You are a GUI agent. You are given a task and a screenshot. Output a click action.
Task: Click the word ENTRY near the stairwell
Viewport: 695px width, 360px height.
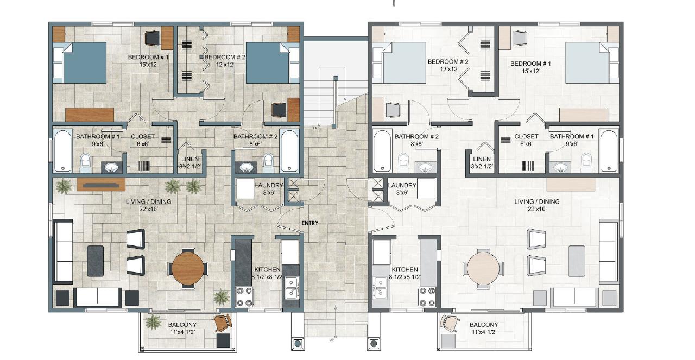click(x=311, y=223)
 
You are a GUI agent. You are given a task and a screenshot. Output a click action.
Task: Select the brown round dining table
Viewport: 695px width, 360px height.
click(x=188, y=267)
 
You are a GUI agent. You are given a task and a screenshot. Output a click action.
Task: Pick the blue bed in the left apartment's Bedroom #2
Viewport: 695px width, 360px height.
click(x=268, y=62)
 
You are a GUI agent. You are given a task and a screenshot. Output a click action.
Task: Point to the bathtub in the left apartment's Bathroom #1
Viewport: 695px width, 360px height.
click(x=63, y=150)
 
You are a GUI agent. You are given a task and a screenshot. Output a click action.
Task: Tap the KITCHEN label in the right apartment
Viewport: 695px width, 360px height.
click(x=405, y=269)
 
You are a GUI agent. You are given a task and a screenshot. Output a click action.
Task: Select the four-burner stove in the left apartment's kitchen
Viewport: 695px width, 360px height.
click(x=245, y=298)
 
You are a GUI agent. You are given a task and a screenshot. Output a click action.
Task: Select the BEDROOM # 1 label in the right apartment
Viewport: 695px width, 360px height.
click(x=530, y=64)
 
